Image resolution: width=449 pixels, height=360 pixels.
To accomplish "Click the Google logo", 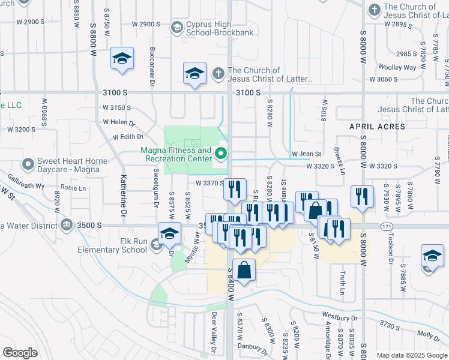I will tap(20, 353).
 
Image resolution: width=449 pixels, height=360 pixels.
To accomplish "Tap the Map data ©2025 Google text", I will tap(411, 355).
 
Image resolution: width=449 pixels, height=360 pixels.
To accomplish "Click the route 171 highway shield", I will tap(387, 226).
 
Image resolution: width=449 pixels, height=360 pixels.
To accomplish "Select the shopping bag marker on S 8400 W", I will tap(244, 272).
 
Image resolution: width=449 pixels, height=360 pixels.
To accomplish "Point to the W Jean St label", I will tap(307, 154).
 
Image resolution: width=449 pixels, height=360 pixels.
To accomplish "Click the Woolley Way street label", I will tap(402, 67).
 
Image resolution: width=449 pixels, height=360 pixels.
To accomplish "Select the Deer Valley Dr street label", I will tap(213, 331).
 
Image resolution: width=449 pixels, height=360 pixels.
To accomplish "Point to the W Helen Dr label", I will tap(119, 122).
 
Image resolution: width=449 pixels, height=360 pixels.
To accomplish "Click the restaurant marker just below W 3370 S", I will tap(235, 190).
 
